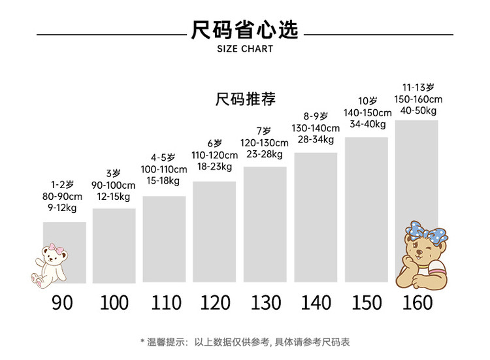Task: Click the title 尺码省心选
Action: click(244, 31)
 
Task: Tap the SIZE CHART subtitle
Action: click(244, 49)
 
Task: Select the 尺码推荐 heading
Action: click(245, 99)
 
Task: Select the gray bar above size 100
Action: click(114, 245)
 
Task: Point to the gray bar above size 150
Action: click(366, 209)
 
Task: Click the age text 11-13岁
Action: click(418, 87)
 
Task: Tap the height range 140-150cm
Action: click(367, 112)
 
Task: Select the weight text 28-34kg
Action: click(316, 140)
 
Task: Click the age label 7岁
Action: click(264, 131)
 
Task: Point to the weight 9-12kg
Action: click(63, 208)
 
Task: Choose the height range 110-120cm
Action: click(214, 155)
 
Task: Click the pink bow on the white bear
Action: click(54, 249)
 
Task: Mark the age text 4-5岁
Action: click(163, 157)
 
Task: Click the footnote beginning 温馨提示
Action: click(245, 342)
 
